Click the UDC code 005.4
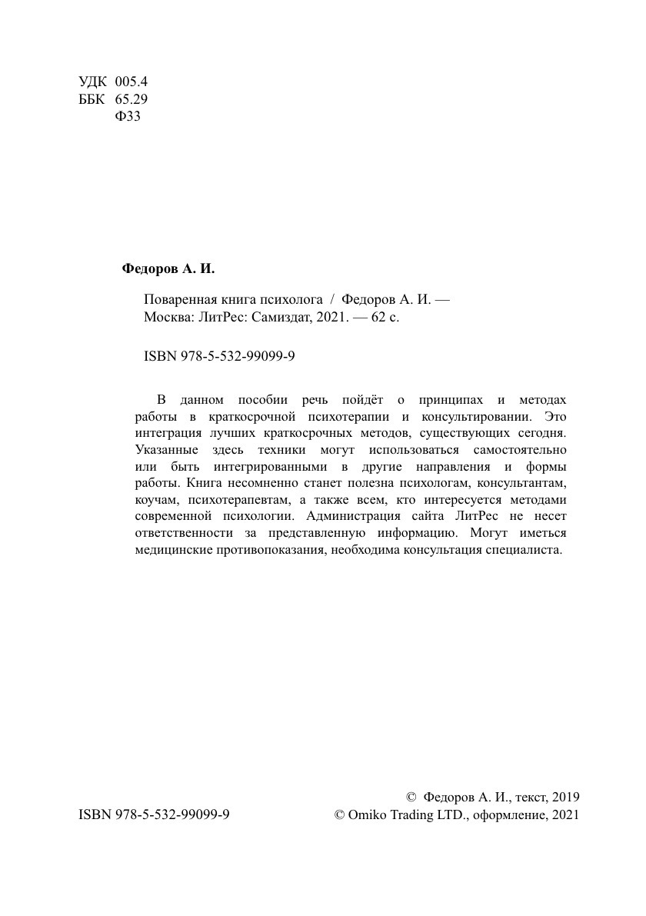130,82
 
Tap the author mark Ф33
127,117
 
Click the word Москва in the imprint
165,317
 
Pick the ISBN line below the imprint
220,357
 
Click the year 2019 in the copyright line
565,797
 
